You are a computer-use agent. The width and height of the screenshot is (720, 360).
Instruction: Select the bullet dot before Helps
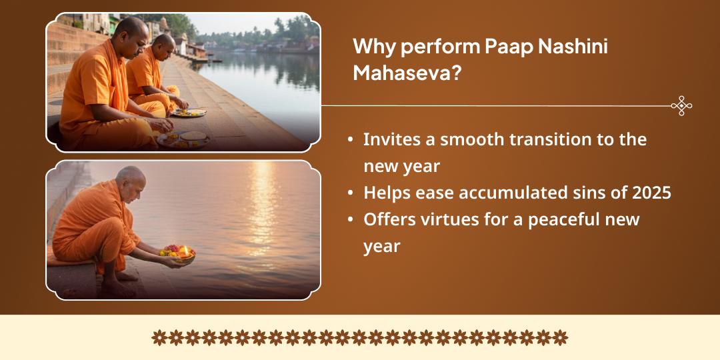tap(351, 193)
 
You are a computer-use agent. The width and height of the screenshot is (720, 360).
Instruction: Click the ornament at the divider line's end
tap(681, 105)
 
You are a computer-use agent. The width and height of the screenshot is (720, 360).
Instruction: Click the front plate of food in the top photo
tap(183, 139)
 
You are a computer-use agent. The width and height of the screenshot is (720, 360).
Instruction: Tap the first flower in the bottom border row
tap(159, 337)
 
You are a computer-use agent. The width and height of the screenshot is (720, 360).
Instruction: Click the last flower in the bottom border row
tap(561, 337)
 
